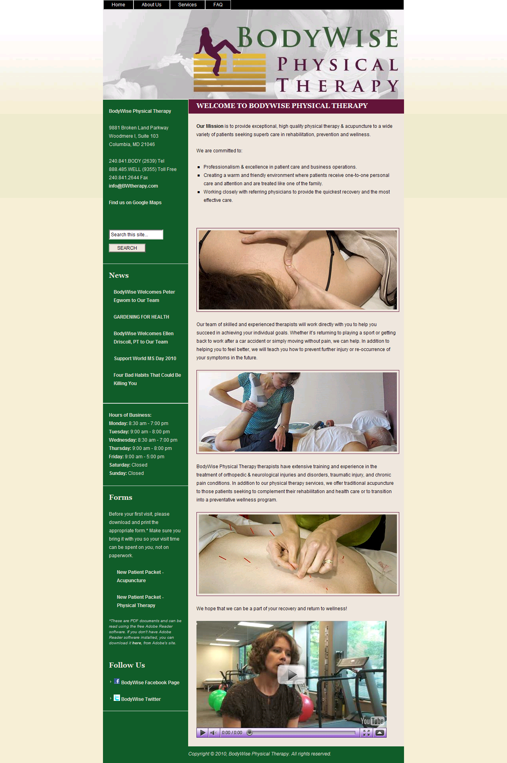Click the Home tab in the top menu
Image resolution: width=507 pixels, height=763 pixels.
[118, 5]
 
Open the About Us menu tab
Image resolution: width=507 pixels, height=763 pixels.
[151, 5]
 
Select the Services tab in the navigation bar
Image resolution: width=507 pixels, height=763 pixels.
[187, 5]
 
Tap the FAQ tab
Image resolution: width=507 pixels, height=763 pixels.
[218, 5]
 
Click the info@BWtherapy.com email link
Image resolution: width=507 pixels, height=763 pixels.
[133, 186]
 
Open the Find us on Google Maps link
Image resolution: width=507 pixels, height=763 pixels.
[135, 203]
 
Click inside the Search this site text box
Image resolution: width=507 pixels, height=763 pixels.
[136, 235]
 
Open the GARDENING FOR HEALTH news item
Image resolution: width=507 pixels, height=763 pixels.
[141, 317]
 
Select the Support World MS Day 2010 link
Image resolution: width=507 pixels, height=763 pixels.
[145, 359]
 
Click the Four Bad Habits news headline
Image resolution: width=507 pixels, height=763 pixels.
[147, 379]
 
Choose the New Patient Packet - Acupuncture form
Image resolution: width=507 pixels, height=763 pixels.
[140, 576]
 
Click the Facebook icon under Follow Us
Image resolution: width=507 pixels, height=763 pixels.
[117, 681]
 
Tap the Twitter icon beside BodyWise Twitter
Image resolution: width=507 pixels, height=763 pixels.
[117, 698]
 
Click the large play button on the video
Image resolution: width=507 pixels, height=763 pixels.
[291, 675]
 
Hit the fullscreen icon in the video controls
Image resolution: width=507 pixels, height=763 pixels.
[366, 733]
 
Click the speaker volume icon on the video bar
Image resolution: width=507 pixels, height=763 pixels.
[213, 733]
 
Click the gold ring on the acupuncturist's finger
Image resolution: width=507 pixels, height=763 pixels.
[328, 561]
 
